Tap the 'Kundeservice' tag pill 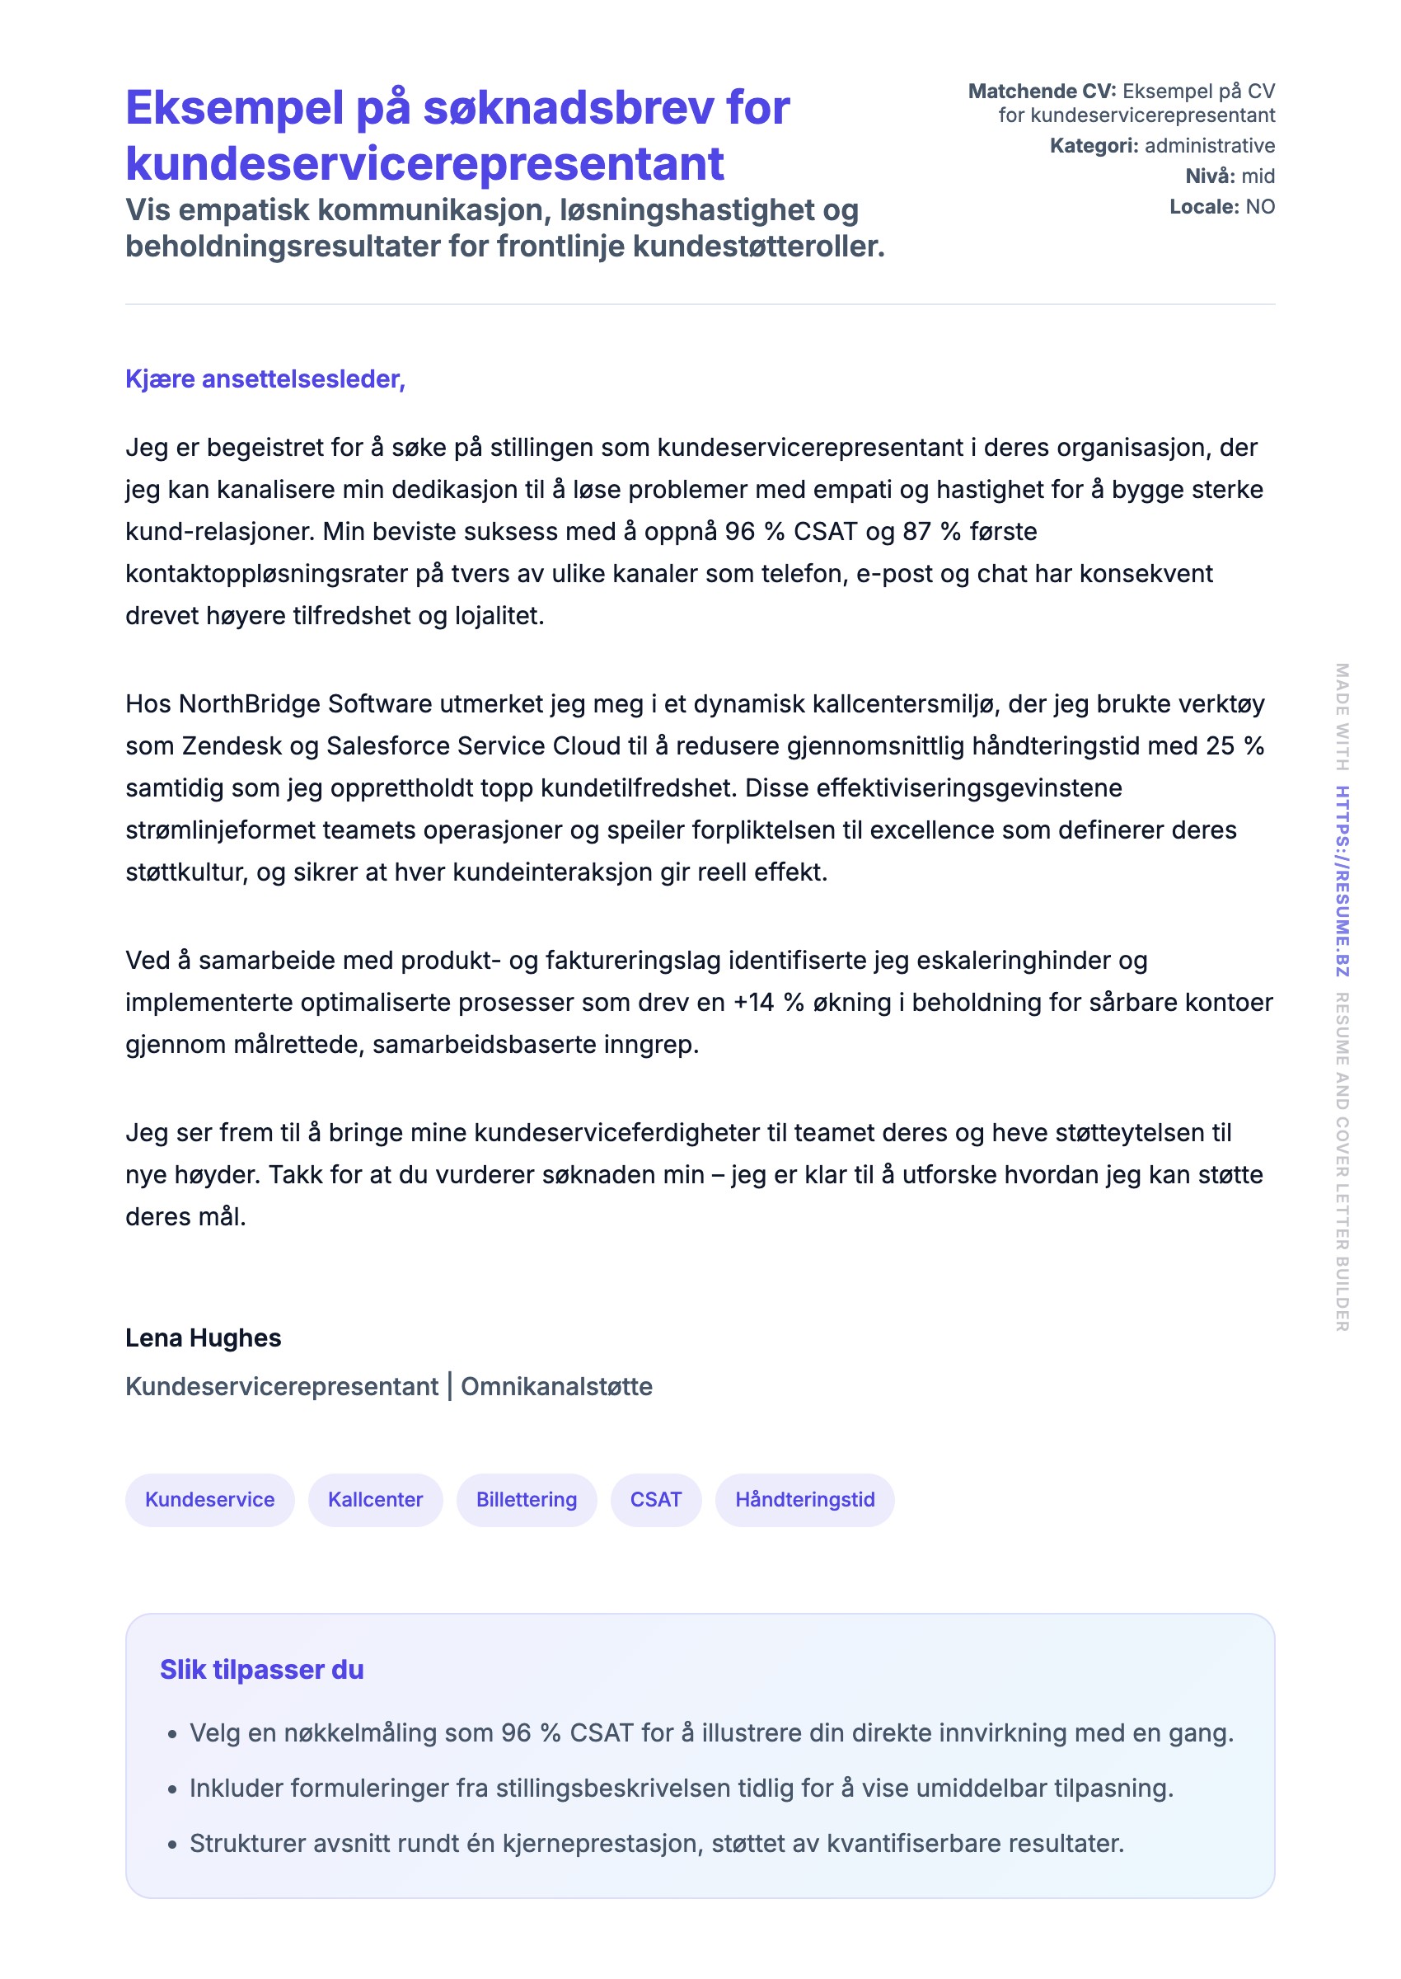pyautogui.click(x=209, y=1499)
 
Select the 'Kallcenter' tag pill pyautogui.click(x=375, y=1499)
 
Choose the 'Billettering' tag pyautogui.click(x=527, y=1499)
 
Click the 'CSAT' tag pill pyautogui.click(x=656, y=1499)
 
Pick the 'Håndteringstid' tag pyautogui.click(x=804, y=1499)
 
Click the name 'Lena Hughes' pyautogui.click(x=203, y=1337)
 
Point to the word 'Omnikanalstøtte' pyautogui.click(x=556, y=1386)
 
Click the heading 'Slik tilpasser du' pyautogui.click(x=261, y=1669)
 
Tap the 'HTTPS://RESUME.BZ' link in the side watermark pyautogui.click(x=1342, y=881)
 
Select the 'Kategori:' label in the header pyautogui.click(x=1093, y=146)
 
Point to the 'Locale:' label pyautogui.click(x=1203, y=207)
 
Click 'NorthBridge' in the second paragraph pyautogui.click(x=250, y=704)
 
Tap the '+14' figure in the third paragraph pyautogui.click(x=753, y=1002)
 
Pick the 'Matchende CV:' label pyautogui.click(x=1041, y=92)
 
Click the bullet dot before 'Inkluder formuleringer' pyautogui.click(x=172, y=1789)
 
